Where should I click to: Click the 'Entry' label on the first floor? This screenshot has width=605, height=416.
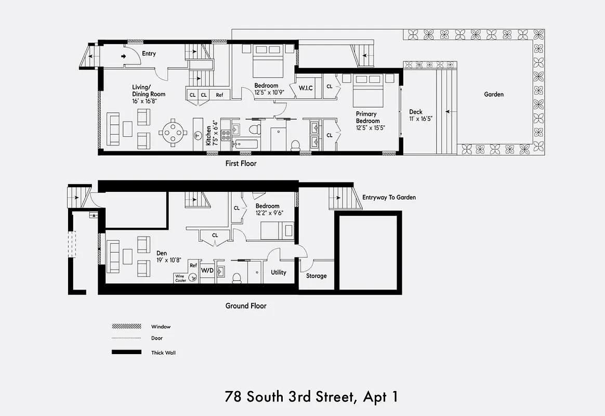coord(149,54)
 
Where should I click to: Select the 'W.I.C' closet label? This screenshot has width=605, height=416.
coord(305,87)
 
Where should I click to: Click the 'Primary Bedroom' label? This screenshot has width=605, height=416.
coord(367,118)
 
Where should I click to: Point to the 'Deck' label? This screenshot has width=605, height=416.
coord(416,112)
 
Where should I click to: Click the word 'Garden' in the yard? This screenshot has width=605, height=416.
coord(493,95)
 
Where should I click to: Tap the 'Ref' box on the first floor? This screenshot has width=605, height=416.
coord(220,95)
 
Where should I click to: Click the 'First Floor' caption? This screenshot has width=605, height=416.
coord(241,163)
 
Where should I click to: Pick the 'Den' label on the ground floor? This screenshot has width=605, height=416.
coord(161,253)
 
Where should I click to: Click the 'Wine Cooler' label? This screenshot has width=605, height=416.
coord(180,278)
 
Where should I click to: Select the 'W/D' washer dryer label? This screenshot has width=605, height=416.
coord(206,270)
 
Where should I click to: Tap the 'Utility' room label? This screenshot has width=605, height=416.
coord(278,272)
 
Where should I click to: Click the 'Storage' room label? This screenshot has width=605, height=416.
coord(316,276)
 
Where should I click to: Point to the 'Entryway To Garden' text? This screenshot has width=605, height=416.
coord(389,198)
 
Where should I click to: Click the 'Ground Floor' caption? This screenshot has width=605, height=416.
coord(245,306)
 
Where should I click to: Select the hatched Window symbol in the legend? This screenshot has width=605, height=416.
coord(126,327)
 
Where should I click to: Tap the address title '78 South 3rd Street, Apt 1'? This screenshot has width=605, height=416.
coord(311,397)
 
